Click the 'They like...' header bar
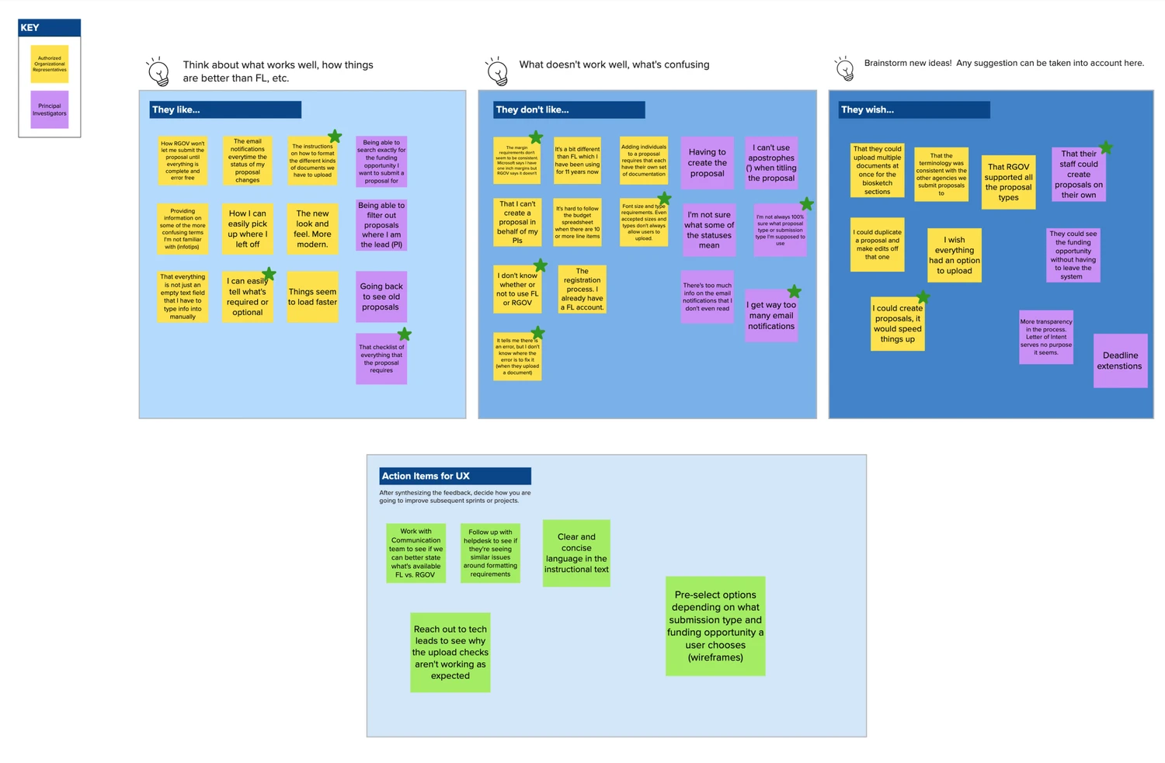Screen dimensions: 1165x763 tap(225, 109)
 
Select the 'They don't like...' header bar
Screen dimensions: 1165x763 tap(569, 109)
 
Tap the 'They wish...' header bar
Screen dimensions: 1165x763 tap(914, 109)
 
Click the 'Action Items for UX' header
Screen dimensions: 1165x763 tap(455, 476)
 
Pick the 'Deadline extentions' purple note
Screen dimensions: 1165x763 tap(1120, 361)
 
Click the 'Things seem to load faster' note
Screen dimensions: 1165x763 tap(312, 297)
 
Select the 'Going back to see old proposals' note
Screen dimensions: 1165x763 tap(381, 297)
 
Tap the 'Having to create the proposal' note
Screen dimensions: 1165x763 tap(708, 162)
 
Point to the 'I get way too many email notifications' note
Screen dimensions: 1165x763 tap(771, 315)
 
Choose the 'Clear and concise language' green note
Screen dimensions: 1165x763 tap(576, 553)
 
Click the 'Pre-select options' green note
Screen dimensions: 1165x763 tap(715, 626)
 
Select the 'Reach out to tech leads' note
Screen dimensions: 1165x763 tap(450, 652)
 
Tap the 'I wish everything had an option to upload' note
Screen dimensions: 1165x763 tap(955, 255)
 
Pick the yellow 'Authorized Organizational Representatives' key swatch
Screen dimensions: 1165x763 tap(50, 64)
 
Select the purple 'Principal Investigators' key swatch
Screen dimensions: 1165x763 tap(50, 109)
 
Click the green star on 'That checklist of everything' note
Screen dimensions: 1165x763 tap(405, 335)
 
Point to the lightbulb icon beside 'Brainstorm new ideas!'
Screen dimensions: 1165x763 tap(845, 69)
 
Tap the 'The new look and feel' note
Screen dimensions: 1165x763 tap(312, 228)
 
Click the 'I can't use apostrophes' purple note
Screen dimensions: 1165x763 tap(771, 162)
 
